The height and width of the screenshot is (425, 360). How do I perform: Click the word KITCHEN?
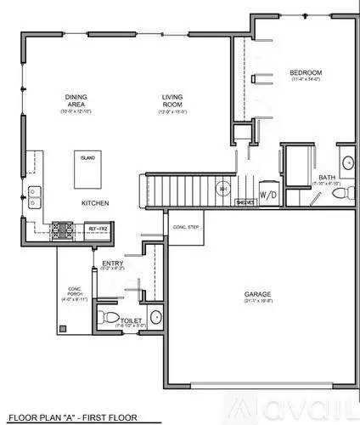(x=93, y=204)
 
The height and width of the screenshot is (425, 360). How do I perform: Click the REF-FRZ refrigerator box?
(x=98, y=228)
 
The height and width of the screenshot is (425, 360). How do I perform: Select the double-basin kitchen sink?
(x=34, y=197)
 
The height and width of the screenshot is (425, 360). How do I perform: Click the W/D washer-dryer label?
(x=267, y=195)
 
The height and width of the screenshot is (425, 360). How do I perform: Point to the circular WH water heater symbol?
(x=222, y=190)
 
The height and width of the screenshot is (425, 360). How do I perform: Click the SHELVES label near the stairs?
(x=245, y=202)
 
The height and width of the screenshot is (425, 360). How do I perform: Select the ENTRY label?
(x=113, y=264)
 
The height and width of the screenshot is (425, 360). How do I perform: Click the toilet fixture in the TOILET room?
(x=106, y=318)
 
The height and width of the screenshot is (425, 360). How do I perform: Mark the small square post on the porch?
(x=61, y=327)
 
